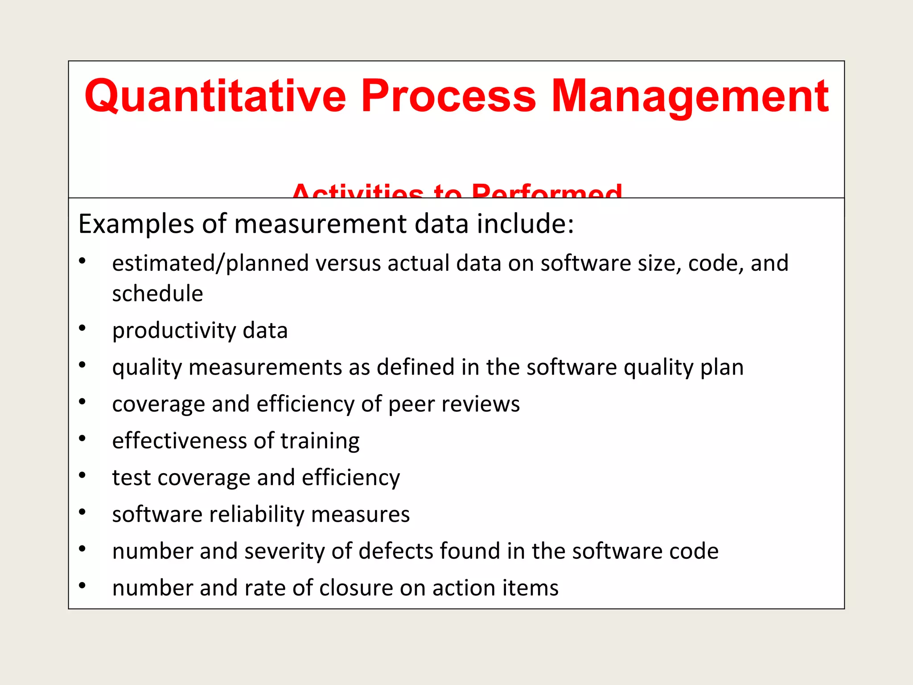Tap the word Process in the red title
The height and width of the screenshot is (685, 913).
[x=448, y=96]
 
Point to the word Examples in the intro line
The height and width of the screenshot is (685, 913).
[x=136, y=224]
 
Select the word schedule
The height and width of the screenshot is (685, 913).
[x=157, y=293]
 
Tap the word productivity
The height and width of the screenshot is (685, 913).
[x=174, y=331]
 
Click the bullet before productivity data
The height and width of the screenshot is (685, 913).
[x=82, y=329]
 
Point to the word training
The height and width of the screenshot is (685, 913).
[x=320, y=442]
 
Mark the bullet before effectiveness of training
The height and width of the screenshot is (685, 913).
[x=82, y=439]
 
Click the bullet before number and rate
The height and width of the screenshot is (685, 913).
[x=82, y=586]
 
